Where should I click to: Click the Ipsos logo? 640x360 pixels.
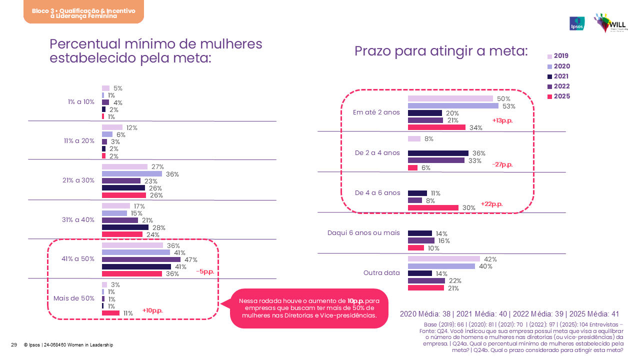pyautogui.click(x=577, y=23)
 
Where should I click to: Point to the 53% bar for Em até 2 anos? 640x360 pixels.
pyautogui.click(x=453, y=106)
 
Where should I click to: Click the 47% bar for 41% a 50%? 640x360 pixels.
pyautogui.click(x=141, y=259)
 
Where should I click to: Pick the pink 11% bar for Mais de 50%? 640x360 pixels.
pyautogui.click(x=110, y=313)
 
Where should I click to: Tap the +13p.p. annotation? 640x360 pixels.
pyautogui.click(x=502, y=120)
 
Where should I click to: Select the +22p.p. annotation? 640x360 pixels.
pyautogui.click(x=491, y=204)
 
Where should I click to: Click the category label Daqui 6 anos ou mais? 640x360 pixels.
pyautogui.click(x=363, y=232)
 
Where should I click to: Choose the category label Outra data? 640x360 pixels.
pyautogui.click(x=381, y=273)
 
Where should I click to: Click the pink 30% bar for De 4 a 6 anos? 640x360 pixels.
pyautogui.click(x=433, y=207)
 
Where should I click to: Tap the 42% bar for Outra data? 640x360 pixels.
pyautogui.click(x=443, y=259)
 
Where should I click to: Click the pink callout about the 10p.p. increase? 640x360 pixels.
pyautogui.click(x=308, y=308)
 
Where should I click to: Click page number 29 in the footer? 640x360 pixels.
pyautogui.click(x=14, y=345)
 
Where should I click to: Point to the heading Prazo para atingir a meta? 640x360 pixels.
pyautogui.click(x=441, y=51)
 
